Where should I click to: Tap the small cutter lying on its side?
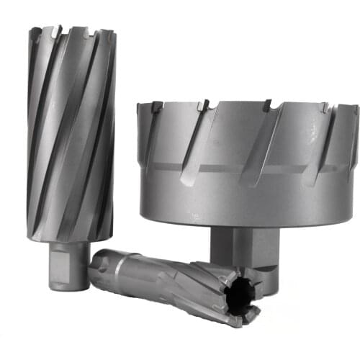[176, 284]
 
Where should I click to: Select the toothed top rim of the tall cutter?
[72, 32]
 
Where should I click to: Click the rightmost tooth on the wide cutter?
[354, 110]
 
